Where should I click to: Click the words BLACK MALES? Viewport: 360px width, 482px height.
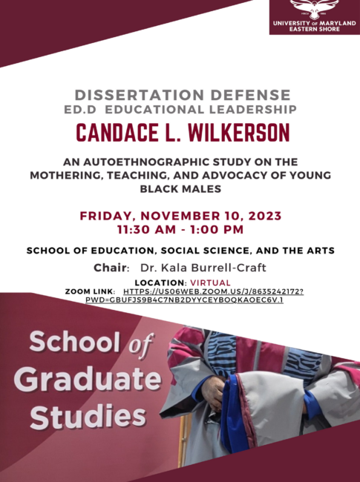click(x=180, y=188)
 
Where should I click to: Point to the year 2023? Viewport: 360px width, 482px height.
click(x=264, y=216)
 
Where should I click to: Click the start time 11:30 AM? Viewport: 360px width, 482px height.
click(x=146, y=230)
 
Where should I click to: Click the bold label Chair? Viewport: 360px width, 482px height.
click(x=110, y=268)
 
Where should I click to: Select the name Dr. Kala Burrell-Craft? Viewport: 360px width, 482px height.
click(x=203, y=268)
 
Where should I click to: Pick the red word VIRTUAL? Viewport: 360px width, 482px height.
click(x=210, y=283)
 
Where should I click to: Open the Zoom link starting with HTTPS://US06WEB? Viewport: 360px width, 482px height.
click(x=213, y=291)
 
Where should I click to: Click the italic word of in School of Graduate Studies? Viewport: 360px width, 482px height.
click(x=140, y=344)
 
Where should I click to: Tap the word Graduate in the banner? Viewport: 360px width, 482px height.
click(x=88, y=378)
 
